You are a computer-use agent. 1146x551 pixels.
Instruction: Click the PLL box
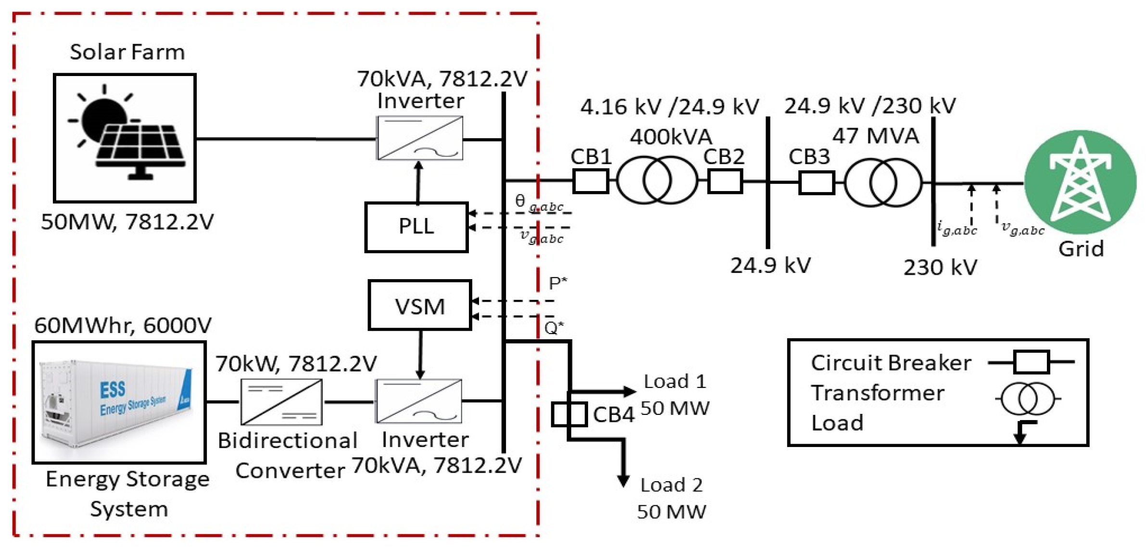tap(416, 227)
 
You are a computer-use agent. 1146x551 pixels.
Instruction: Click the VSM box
tap(419, 306)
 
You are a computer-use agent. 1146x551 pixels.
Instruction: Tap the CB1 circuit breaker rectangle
tap(591, 181)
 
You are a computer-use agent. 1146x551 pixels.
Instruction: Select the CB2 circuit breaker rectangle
tap(725, 182)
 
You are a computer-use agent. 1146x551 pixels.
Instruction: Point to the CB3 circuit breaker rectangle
tap(816, 183)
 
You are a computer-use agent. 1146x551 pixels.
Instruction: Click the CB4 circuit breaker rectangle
tap(569, 414)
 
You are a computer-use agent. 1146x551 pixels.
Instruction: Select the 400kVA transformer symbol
tap(657, 180)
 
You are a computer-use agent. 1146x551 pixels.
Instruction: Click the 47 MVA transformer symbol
tap(883, 183)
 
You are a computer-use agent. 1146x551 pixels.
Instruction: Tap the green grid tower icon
tap(1080, 182)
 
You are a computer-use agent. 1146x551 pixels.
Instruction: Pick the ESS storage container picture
tap(119, 402)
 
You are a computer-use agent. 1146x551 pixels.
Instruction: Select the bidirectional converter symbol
tap(281, 402)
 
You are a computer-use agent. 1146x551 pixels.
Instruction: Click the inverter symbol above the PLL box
tap(419, 138)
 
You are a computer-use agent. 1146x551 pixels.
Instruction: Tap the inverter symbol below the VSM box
tap(418, 401)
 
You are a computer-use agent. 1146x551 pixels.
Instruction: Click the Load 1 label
tap(674, 382)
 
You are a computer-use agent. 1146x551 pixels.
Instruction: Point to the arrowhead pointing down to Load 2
tap(623, 481)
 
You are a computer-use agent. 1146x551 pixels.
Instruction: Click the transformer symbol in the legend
tap(1028, 398)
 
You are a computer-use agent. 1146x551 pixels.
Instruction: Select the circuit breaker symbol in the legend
tap(1031, 362)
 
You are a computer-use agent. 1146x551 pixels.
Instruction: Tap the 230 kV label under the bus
tap(940, 267)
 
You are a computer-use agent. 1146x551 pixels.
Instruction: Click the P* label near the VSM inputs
tap(557, 283)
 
